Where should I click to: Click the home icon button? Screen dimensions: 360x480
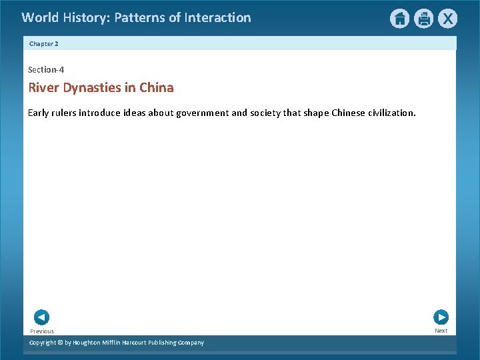pyautogui.click(x=399, y=19)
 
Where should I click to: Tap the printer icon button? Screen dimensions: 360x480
pyautogui.click(x=423, y=19)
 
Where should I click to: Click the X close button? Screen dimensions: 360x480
pyautogui.click(x=447, y=19)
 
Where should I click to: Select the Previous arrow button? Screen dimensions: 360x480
pyautogui.click(x=41, y=317)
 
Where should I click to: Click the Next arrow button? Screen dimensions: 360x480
pyautogui.click(x=441, y=317)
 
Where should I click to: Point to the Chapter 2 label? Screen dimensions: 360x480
pyautogui.click(x=44, y=43)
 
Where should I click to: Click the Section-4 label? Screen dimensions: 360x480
pyautogui.click(x=46, y=69)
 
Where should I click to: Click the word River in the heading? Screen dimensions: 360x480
pyautogui.click(x=44, y=88)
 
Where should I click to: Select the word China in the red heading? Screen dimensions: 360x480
pyautogui.click(x=157, y=88)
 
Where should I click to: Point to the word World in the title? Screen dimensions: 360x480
pyautogui.click(x=40, y=18)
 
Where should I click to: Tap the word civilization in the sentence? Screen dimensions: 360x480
pyautogui.click(x=391, y=113)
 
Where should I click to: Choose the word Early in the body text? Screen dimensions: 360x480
pyautogui.click(x=39, y=113)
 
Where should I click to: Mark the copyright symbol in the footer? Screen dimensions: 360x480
pyautogui.click(x=59, y=343)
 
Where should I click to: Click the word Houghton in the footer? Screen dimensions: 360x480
pyautogui.click(x=89, y=343)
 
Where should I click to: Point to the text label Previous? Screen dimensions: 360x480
pyautogui.click(x=42, y=331)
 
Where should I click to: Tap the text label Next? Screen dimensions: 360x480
pyautogui.click(x=441, y=331)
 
